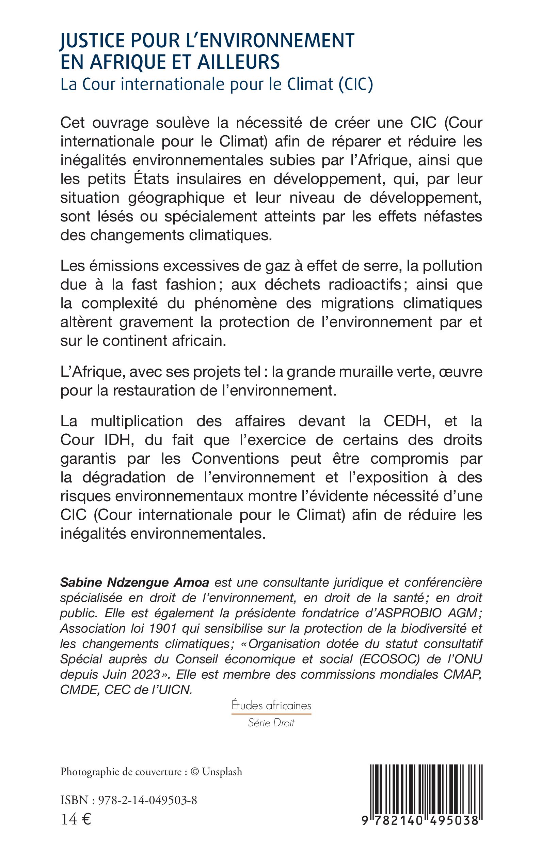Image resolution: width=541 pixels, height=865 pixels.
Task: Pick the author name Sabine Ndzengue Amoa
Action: tap(134, 583)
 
